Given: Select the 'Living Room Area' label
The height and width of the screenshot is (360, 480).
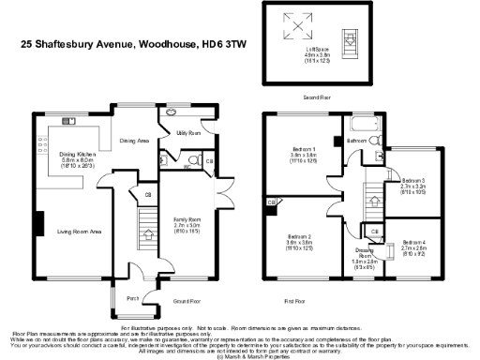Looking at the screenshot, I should point(80,231).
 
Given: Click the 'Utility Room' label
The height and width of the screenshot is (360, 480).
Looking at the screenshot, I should point(191,134).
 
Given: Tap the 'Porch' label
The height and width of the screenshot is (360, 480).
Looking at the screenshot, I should point(133,299).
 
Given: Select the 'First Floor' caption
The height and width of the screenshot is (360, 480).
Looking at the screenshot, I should point(295,301).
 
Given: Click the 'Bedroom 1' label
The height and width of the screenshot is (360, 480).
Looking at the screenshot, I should point(304,150).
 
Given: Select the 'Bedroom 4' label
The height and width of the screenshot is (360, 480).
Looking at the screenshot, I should point(413,243).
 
